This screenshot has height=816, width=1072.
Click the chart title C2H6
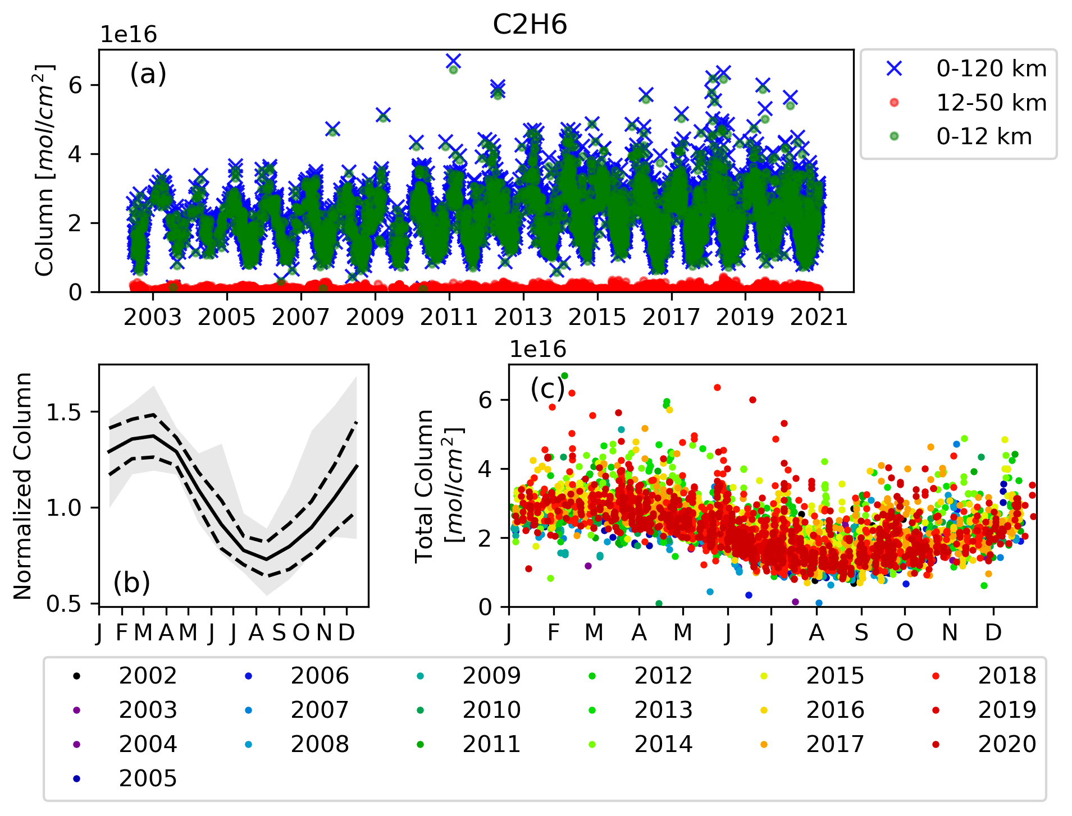[x=530, y=25]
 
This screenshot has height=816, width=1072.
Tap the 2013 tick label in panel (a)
[x=523, y=317]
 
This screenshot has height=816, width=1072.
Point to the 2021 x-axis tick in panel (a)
[x=819, y=317]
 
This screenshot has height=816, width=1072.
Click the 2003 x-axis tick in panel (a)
[x=153, y=317]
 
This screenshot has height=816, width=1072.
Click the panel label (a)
[x=148, y=74]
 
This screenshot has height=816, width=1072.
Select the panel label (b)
[x=132, y=583]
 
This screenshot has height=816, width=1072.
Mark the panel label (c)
[x=548, y=388]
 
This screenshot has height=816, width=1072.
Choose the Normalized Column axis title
[x=23, y=486]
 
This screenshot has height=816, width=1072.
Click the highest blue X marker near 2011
[x=453, y=61]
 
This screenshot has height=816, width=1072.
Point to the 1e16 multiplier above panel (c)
[x=537, y=349]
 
